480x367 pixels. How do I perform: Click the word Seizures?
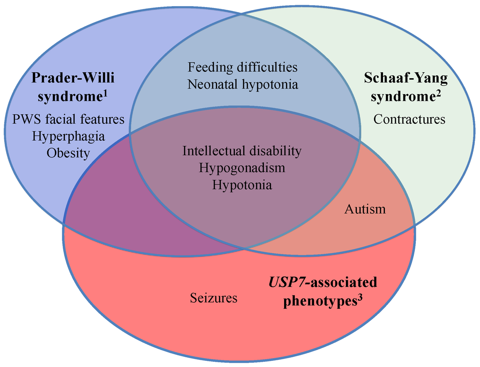(213, 298)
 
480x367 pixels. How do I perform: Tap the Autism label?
(365, 209)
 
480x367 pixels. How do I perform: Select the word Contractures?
(409, 119)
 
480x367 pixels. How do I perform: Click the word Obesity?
(68, 153)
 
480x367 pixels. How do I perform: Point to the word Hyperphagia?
(68, 136)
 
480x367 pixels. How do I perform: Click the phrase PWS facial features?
(68, 119)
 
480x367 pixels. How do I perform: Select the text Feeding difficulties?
(242, 67)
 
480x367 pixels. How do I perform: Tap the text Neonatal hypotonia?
(242, 84)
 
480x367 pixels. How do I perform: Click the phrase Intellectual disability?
(242, 151)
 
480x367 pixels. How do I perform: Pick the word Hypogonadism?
(242, 168)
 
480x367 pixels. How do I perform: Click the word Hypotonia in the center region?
(242, 185)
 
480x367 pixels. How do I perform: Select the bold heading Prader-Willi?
(73, 78)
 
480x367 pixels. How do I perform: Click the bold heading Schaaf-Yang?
(406, 78)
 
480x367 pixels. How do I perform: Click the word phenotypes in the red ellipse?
(319, 301)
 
